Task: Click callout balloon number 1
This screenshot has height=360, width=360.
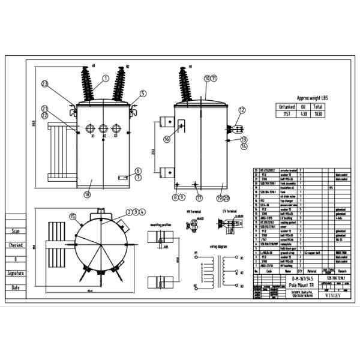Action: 106,78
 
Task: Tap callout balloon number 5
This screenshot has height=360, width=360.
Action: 143,94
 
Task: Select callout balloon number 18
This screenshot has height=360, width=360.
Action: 87,194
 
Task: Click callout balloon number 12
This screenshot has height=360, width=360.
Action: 242,110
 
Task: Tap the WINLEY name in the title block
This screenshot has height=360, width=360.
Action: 334,295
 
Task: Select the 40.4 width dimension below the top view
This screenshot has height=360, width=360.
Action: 89,291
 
